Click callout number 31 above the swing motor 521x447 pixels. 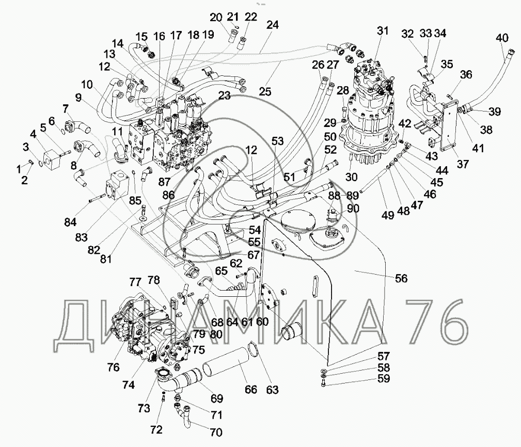[383, 30]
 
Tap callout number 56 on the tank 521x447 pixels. [401, 278]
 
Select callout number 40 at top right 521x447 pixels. [502, 38]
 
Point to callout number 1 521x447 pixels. [19, 169]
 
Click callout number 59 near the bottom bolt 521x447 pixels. [384, 378]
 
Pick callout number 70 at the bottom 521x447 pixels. [216, 432]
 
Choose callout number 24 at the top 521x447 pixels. [273, 25]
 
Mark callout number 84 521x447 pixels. [70, 222]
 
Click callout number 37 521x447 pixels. [463, 164]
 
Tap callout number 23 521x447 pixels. [225, 95]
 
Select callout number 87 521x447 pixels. [164, 182]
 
